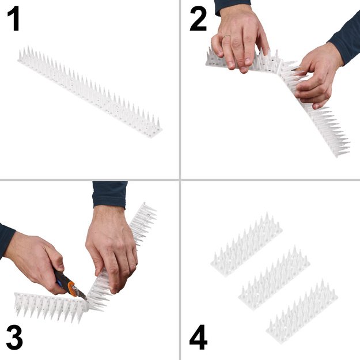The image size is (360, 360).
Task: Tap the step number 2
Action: pos(198,19)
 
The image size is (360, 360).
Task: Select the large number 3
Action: pos(14,338)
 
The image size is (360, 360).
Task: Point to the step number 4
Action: pos(198,339)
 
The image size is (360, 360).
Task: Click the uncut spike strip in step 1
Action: pos(89,92)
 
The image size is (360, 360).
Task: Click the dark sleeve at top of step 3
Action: pos(109,194)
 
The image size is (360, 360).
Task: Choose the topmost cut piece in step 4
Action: pos(246,245)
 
